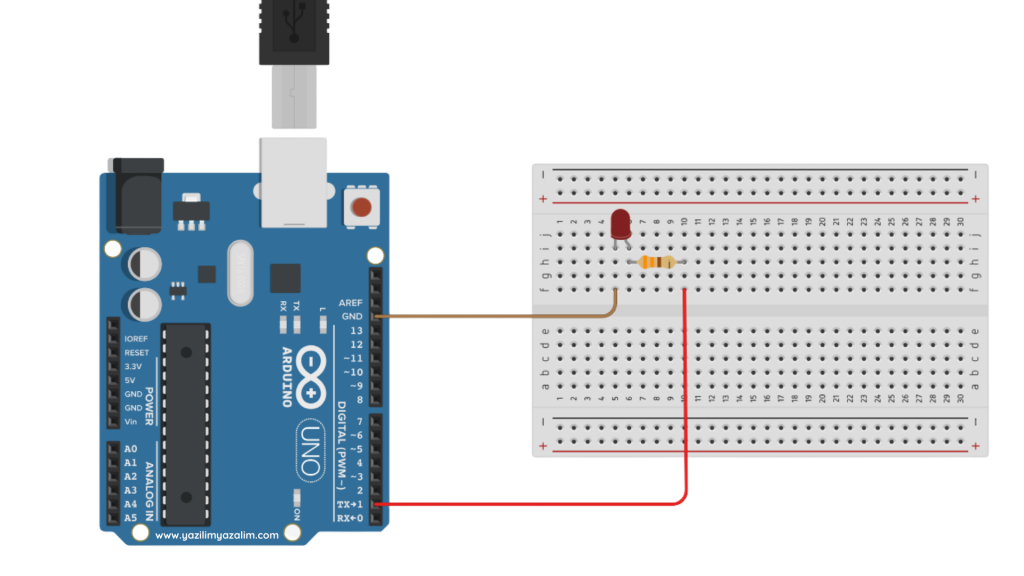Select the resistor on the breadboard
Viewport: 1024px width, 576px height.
[x=656, y=263]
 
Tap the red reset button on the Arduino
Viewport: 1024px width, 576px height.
[x=361, y=208]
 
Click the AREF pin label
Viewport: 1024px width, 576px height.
[x=351, y=302]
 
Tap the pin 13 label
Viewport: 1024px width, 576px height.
[x=355, y=330]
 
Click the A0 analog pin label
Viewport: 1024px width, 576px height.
[x=130, y=449]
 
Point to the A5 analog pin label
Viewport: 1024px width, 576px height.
[x=130, y=518]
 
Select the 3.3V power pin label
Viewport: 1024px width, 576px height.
[x=133, y=367]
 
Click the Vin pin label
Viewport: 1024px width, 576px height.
[x=130, y=422]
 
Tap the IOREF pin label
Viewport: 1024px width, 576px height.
[x=136, y=339]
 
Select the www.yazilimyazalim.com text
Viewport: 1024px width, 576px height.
[x=217, y=535]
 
